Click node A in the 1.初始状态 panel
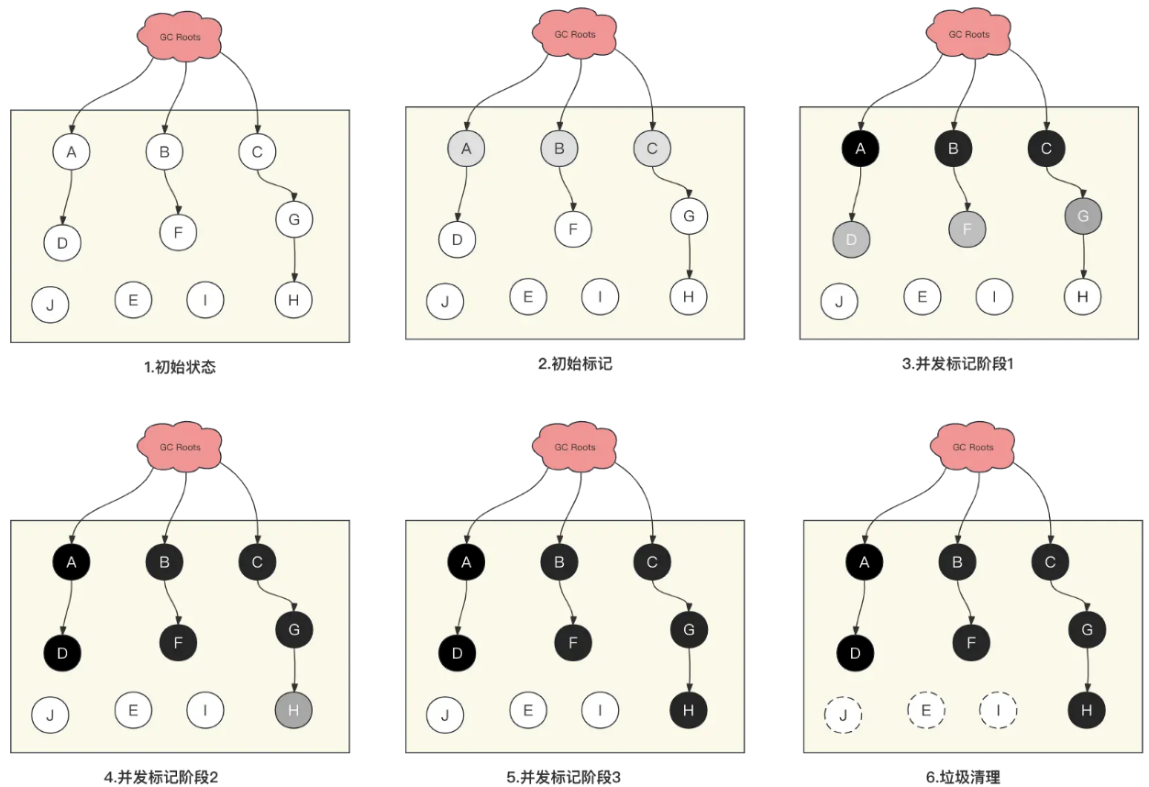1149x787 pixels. coord(71,151)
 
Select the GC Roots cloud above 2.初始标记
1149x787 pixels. coord(575,33)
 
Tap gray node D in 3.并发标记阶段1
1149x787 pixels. coord(850,238)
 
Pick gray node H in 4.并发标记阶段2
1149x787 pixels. coord(293,708)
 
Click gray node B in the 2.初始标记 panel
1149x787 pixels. coord(559,148)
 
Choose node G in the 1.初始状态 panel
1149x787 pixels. coord(294,219)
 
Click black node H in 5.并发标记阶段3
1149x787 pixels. coord(689,709)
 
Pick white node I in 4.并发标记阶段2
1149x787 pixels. coord(205,708)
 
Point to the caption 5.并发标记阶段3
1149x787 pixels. coord(563,777)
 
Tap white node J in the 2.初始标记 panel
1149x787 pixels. coord(445,301)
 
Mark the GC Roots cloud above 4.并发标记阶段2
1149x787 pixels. coord(180,447)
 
